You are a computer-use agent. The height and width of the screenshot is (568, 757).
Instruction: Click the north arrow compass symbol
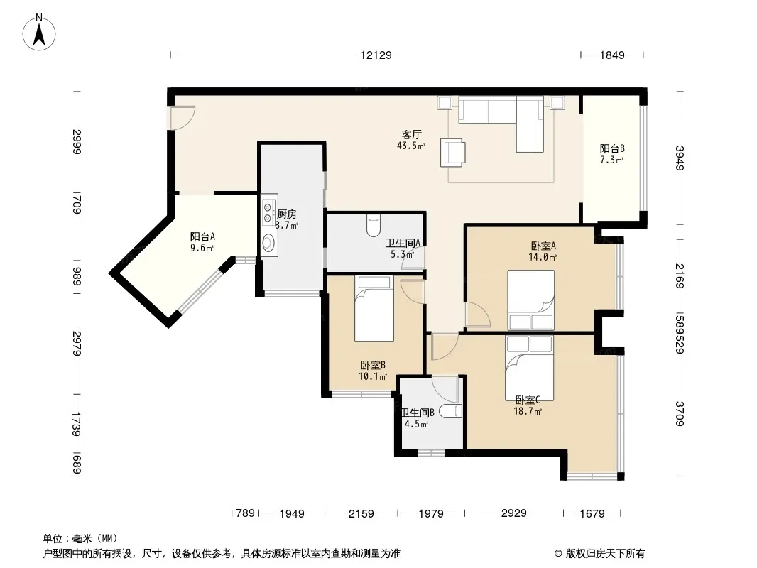point(39,33)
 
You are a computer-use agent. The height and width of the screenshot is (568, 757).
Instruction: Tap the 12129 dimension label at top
point(376,55)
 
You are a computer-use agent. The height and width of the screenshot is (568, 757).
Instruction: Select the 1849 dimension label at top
point(612,55)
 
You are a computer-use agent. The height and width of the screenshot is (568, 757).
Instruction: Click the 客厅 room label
point(411,134)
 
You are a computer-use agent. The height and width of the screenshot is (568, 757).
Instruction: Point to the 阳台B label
point(612,148)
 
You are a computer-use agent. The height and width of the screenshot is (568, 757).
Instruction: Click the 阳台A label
point(202,236)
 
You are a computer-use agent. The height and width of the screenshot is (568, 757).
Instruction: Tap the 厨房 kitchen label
point(287,214)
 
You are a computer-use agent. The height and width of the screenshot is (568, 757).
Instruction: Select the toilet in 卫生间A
point(374,225)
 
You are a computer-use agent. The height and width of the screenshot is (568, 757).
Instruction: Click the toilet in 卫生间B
point(450,411)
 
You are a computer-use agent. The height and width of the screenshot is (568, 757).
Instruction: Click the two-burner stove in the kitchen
point(268,213)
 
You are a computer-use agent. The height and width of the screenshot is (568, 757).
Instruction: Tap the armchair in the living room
point(453,153)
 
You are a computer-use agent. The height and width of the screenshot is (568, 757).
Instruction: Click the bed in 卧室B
point(374,308)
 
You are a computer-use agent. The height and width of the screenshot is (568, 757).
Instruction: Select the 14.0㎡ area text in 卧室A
point(543,257)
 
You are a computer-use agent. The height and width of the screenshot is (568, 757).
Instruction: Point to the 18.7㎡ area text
point(528,411)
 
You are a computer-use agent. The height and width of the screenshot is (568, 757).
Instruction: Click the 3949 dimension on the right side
point(680,158)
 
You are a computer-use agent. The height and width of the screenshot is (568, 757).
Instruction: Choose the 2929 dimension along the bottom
point(513,513)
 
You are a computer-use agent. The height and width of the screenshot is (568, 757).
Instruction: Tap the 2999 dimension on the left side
point(77,142)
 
